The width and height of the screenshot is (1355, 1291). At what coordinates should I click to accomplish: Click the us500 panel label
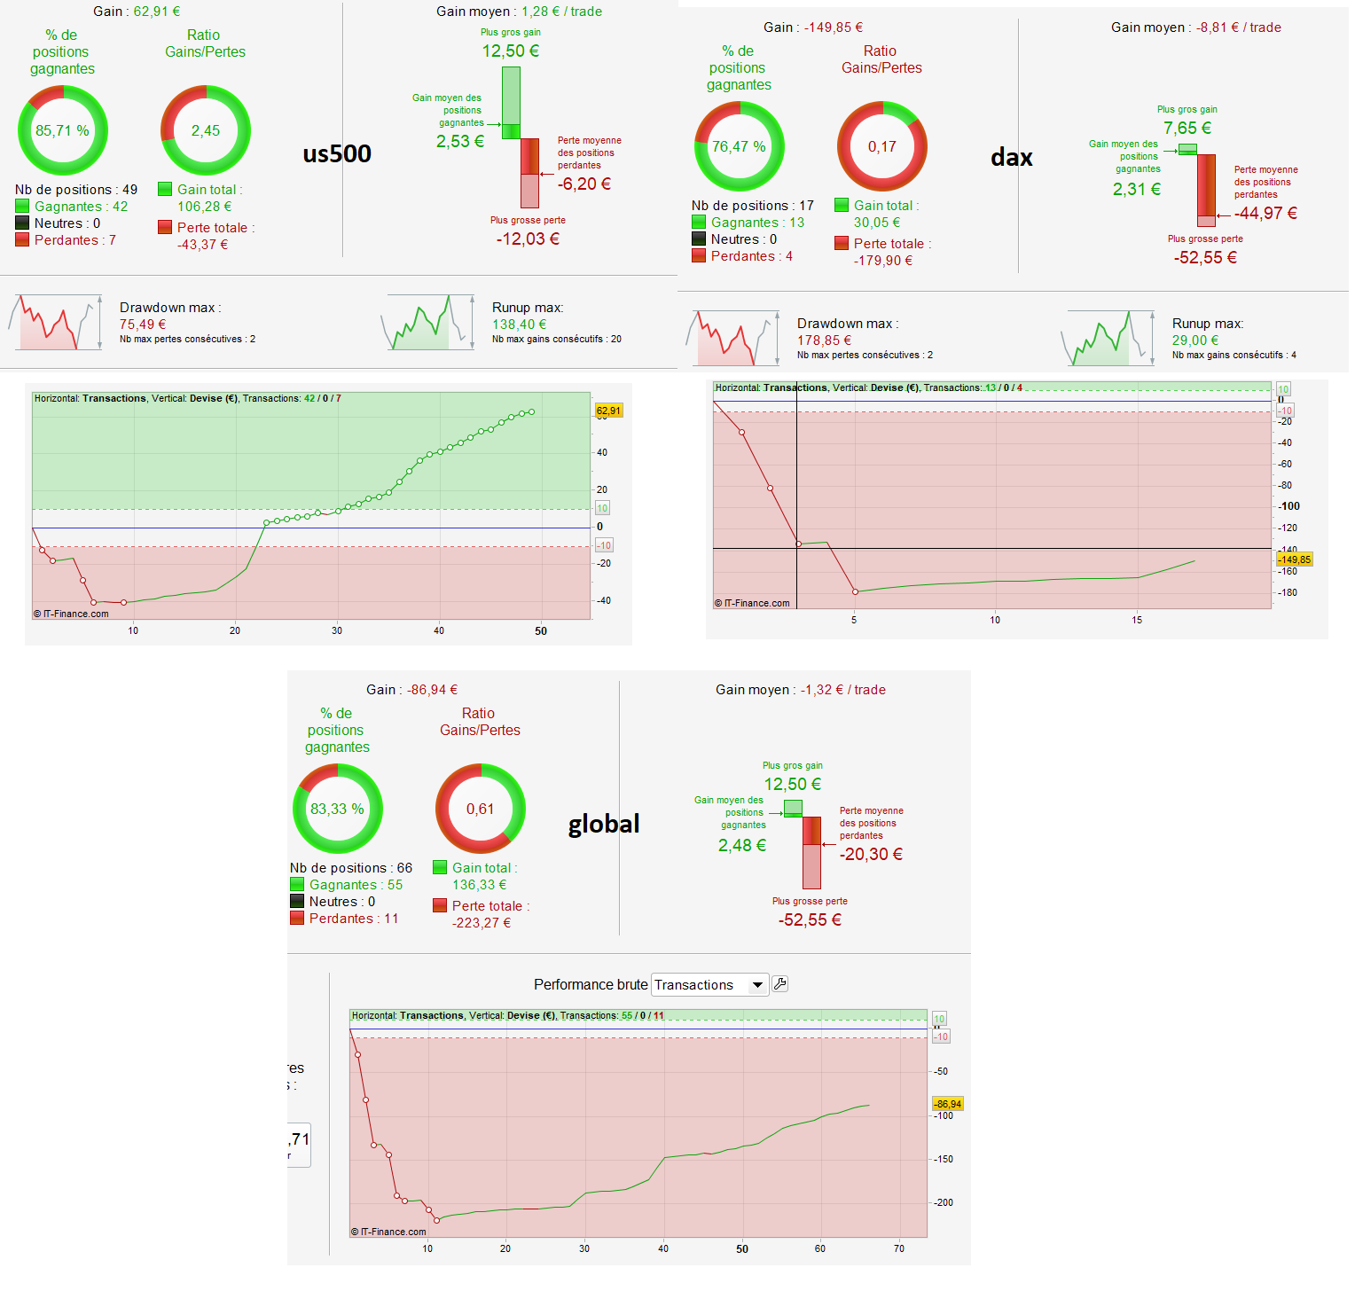point(337,153)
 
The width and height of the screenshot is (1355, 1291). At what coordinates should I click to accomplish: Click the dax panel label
point(1012,158)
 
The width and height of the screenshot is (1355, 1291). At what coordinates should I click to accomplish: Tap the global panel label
point(604,824)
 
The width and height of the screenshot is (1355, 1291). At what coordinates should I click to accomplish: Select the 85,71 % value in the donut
point(62,130)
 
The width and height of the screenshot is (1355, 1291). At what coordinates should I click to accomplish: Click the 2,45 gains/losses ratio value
point(206,130)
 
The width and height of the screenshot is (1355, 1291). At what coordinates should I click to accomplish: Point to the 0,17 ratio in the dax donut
point(882,146)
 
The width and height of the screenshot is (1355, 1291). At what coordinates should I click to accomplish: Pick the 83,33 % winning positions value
point(337,809)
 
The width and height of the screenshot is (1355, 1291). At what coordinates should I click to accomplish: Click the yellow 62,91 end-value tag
point(608,411)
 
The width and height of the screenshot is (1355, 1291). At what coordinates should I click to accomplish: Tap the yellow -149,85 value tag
point(1294,559)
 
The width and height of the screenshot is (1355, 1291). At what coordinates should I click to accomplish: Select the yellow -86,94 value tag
point(947,1104)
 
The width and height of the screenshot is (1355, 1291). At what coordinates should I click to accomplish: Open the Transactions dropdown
point(709,985)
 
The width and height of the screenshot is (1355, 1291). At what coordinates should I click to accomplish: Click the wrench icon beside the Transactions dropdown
point(780,983)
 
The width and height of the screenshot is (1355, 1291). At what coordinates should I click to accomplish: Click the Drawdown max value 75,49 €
point(143,325)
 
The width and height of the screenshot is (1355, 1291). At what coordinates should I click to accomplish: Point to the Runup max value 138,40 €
point(520,325)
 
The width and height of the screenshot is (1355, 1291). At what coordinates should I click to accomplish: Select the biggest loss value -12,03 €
point(528,239)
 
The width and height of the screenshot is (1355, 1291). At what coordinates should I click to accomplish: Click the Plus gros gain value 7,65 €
point(1187,128)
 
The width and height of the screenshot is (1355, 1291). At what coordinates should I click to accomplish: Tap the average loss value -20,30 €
point(871,854)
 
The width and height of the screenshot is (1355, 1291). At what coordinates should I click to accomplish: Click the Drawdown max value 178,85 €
point(824,340)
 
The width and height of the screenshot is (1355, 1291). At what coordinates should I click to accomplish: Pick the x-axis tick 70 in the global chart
point(899,1248)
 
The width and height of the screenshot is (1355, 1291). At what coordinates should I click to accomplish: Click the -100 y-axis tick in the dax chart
point(1289,506)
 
